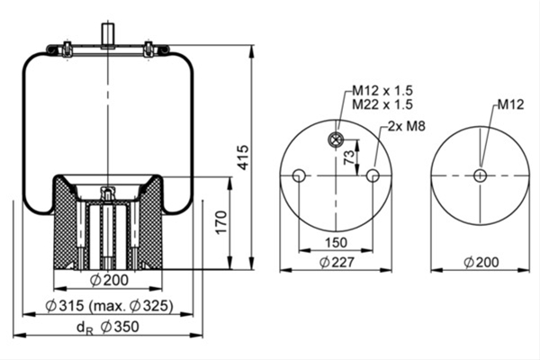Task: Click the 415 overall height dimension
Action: click(244, 157)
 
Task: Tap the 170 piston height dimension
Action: click(221, 222)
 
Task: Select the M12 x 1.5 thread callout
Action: click(382, 91)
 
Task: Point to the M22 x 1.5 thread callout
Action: click(382, 104)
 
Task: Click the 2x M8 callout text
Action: click(407, 126)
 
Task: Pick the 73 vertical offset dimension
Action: click(349, 157)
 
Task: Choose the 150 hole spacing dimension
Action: click(336, 242)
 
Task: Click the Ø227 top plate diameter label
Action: click(337, 263)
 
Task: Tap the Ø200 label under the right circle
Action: click(481, 263)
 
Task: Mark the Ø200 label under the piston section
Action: click(109, 280)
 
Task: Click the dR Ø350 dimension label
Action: click(107, 327)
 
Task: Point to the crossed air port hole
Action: click(335, 139)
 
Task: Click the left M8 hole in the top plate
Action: click(299, 175)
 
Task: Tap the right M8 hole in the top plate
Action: click(373, 175)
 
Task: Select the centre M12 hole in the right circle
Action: click(480, 175)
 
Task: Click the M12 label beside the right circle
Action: click(510, 104)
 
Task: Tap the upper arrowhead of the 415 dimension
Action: click(252, 51)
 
